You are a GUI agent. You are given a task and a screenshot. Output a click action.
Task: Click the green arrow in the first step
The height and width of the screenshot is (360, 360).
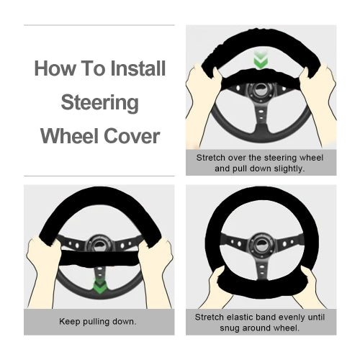(x=261, y=60)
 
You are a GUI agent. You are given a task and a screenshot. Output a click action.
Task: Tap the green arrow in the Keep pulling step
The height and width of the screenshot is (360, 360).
(x=99, y=286)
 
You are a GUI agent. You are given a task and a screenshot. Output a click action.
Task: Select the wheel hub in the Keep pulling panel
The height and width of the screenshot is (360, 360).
(x=99, y=243)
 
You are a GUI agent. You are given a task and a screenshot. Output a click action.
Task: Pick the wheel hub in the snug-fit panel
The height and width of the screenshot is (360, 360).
(x=261, y=244)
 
